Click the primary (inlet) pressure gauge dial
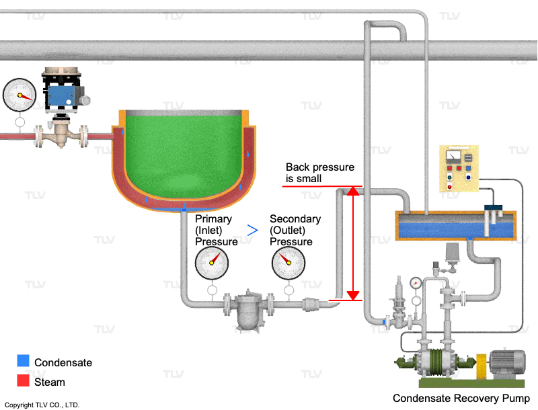point(212,263)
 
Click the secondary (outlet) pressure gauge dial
point(289,263)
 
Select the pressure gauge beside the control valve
point(20,95)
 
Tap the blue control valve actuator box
point(61,95)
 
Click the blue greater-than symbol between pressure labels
point(253,230)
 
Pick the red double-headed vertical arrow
point(353,244)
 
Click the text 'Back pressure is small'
point(320,173)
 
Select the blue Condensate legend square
point(24,361)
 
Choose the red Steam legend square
point(24,380)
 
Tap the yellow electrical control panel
point(459,169)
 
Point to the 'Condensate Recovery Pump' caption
point(461,398)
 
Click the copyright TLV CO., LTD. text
point(42,405)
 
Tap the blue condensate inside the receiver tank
point(457,230)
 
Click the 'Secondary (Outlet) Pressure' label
point(295,230)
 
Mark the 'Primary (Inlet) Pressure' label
point(216,230)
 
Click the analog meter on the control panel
point(453,157)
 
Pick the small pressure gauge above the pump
point(416,283)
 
